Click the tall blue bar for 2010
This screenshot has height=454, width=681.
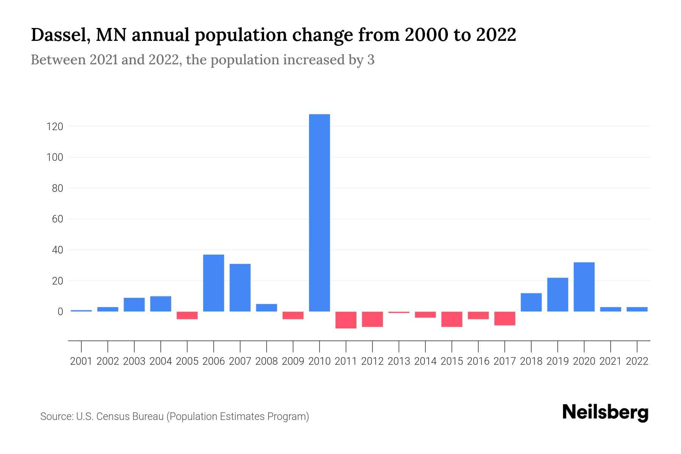(319, 213)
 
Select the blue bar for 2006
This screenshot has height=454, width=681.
(213, 283)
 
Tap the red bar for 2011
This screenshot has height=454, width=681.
(346, 320)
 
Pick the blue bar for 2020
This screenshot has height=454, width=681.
(584, 287)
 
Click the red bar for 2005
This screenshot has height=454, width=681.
(187, 316)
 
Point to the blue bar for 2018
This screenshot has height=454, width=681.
(531, 302)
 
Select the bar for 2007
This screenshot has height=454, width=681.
(240, 288)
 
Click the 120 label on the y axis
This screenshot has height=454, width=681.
(54, 127)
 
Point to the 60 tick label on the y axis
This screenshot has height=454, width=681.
(58, 219)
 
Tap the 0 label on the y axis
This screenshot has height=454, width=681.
(60, 312)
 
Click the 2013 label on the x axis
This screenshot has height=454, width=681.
(399, 361)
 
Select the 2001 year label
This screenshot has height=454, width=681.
(81, 361)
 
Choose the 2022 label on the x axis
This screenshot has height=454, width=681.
(637, 361)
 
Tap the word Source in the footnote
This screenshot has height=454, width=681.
(56, 417)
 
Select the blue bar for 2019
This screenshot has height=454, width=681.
(557, 295)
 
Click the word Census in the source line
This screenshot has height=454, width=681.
(112, 417)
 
